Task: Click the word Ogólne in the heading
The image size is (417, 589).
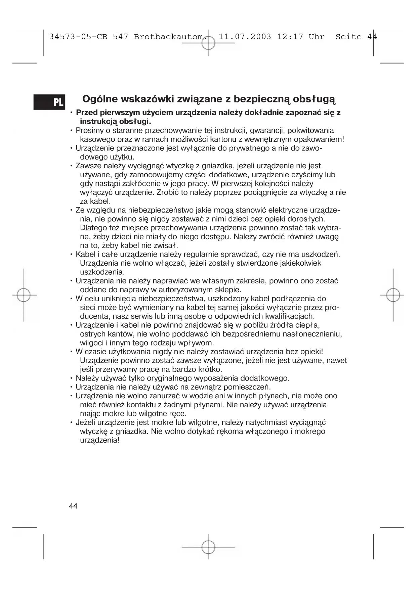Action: (x=100, y=99)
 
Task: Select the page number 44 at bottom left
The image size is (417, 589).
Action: (x=73, y=506)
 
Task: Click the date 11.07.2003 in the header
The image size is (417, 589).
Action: (x=245, y=37)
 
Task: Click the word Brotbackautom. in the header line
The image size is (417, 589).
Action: (x=170, y=37)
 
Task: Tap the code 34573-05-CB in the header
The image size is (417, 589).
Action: (x=78, y=37)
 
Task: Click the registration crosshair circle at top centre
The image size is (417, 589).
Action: (x=208, y=43)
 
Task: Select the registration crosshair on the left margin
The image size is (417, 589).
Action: (x=24, y=295)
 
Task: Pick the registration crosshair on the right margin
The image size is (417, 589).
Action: (x=393, y=295)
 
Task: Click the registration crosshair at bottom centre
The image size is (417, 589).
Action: (x=208, y=547)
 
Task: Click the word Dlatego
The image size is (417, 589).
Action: (x=93, y=228)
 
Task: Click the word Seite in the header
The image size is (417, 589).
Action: (x=348, y=37)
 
